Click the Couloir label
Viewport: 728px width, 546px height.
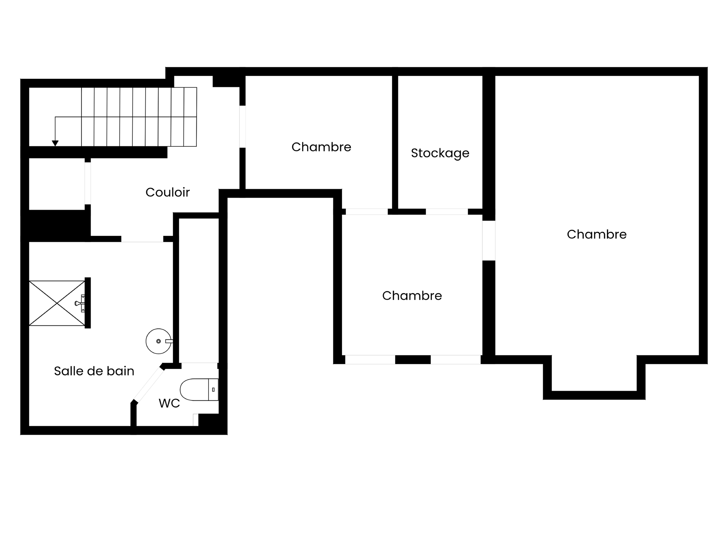point(168,192)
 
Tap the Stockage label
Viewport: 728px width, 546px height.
point(440,153)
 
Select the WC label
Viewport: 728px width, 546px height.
point(169,403)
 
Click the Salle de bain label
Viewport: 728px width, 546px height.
point(94,371)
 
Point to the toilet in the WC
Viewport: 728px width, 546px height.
point(199,389)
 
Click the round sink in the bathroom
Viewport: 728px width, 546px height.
point(158,341)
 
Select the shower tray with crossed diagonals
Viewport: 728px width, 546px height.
point(57,303)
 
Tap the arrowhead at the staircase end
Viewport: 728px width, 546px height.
point(55,143)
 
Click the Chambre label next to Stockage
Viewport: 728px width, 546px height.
point(321,147)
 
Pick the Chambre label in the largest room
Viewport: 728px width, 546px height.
point(596,234)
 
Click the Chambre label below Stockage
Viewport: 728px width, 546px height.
point(412,296)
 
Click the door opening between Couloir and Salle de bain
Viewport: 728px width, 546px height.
point(142,239)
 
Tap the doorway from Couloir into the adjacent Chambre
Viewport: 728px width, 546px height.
point(243,127)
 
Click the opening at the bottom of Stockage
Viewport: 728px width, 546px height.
point(447,212)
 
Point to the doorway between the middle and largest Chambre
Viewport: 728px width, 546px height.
point(489,240)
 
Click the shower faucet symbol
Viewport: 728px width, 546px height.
point(80,303)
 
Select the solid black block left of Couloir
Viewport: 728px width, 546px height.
point(56,226)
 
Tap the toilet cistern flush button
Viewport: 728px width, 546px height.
point(213,389)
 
